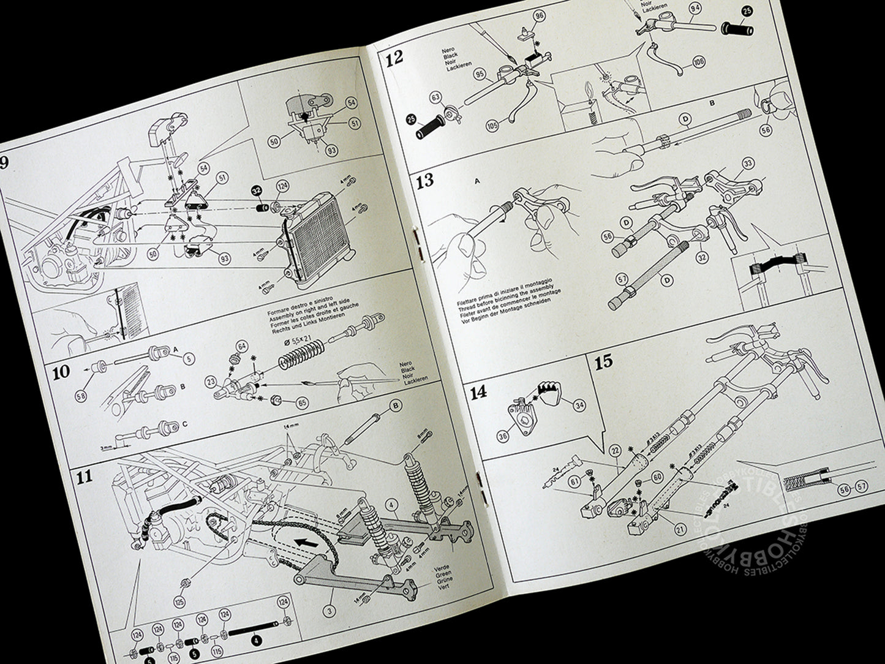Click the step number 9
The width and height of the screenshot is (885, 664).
click(x=5, y=164)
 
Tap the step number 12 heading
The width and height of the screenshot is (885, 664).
click(x=394, y=58)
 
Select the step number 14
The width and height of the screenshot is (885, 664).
click(x=478, y=393)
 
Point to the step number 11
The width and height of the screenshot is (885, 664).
click(x=84, y=476)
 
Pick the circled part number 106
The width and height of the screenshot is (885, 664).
click(x=699, y=62)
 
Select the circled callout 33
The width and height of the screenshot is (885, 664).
click(x=747, y=164)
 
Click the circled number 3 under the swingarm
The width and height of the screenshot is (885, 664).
click(x=329, y=611)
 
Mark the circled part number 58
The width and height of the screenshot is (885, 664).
click(x=80, y=397)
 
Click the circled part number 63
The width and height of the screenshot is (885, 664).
click(x=436, y=97)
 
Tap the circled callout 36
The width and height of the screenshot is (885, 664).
click(x=503, y=436)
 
